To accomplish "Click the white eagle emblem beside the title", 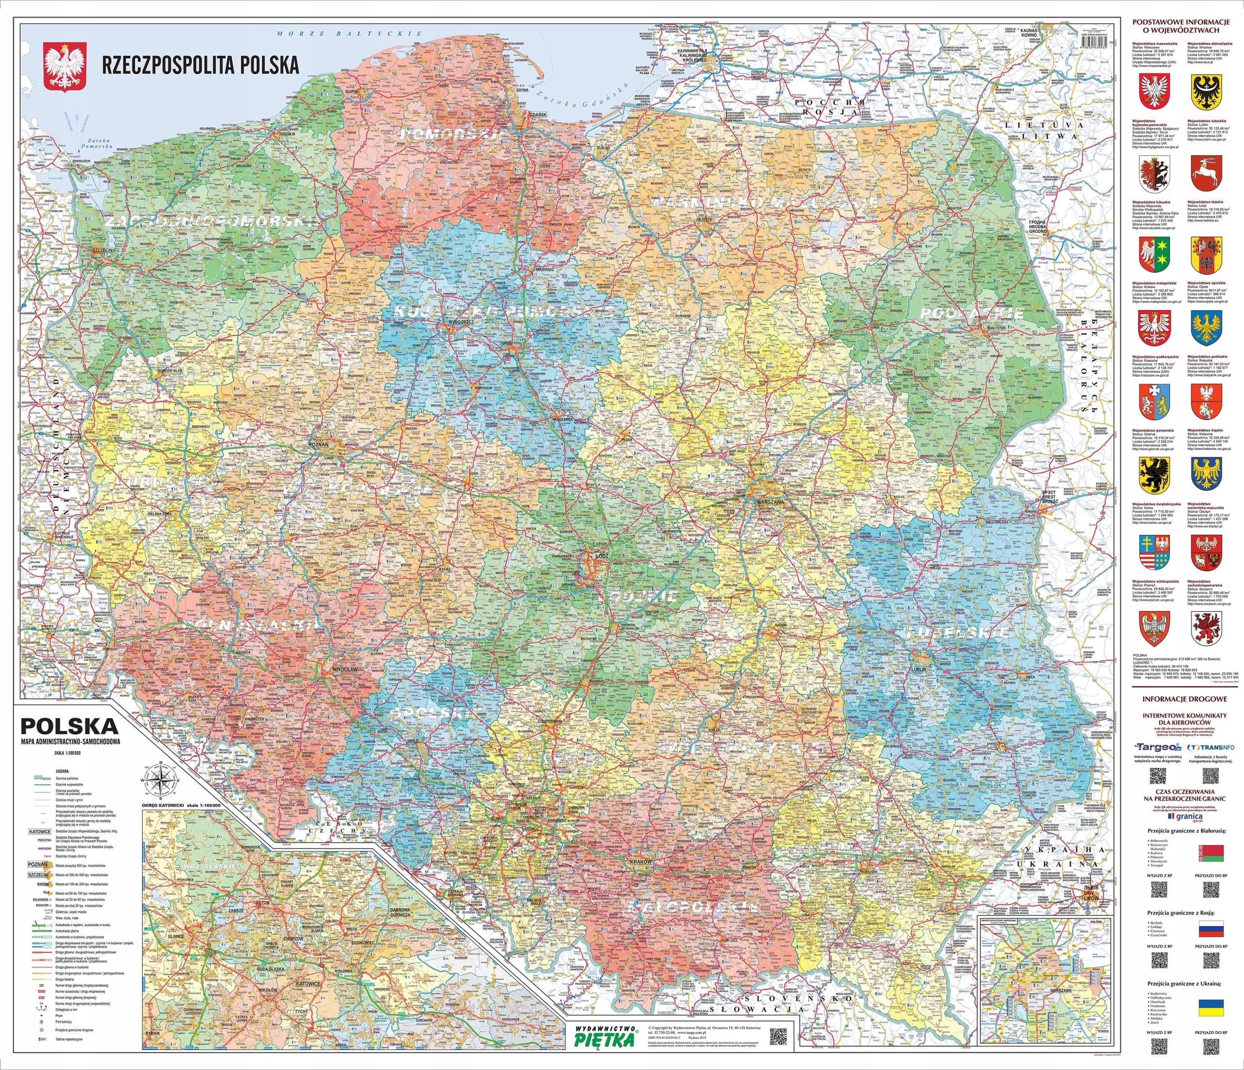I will (x=64, y=64).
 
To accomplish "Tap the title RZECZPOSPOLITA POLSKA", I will (x=201, y=65).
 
